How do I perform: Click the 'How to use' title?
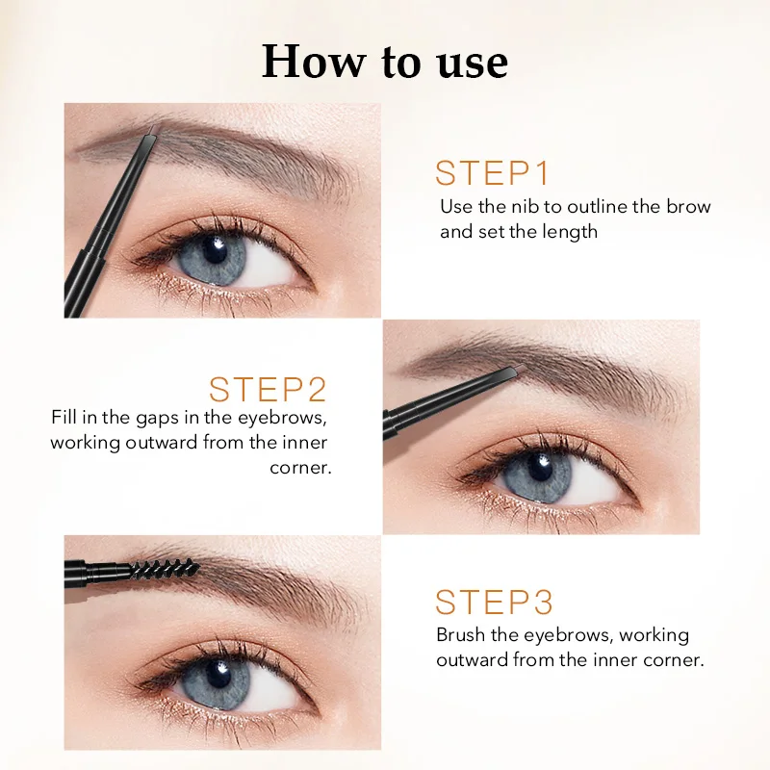(x=385, y=62)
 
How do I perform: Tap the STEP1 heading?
(x=492, y=173)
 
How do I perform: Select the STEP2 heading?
(x=268, y=390)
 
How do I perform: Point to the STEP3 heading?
(x=494, y=603)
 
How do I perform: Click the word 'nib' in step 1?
(x=525, y=206)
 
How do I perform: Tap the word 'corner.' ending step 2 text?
(x=300, y=468)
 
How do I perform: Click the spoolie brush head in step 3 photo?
(x=167, y=569)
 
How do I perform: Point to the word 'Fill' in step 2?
(x=64, y=418)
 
